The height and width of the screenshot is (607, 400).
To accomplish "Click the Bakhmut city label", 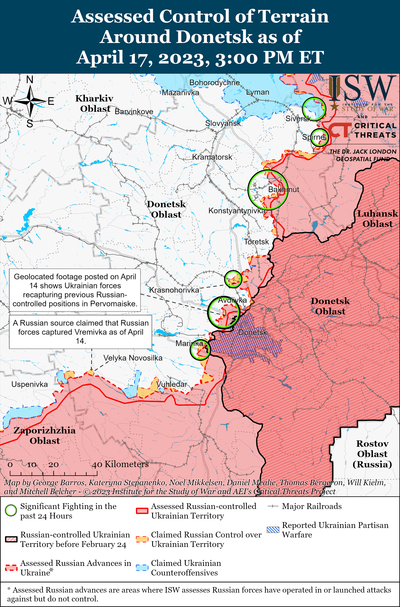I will pos(283,189).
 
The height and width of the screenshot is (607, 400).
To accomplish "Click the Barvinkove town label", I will pos(134,112).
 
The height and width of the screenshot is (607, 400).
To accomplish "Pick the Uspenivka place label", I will pos(30,384).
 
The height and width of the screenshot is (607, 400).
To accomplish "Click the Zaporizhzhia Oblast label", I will pos(45,435).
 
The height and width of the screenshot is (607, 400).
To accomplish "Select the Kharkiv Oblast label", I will pos(94,103).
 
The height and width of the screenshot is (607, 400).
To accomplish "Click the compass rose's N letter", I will pos(30,80).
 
